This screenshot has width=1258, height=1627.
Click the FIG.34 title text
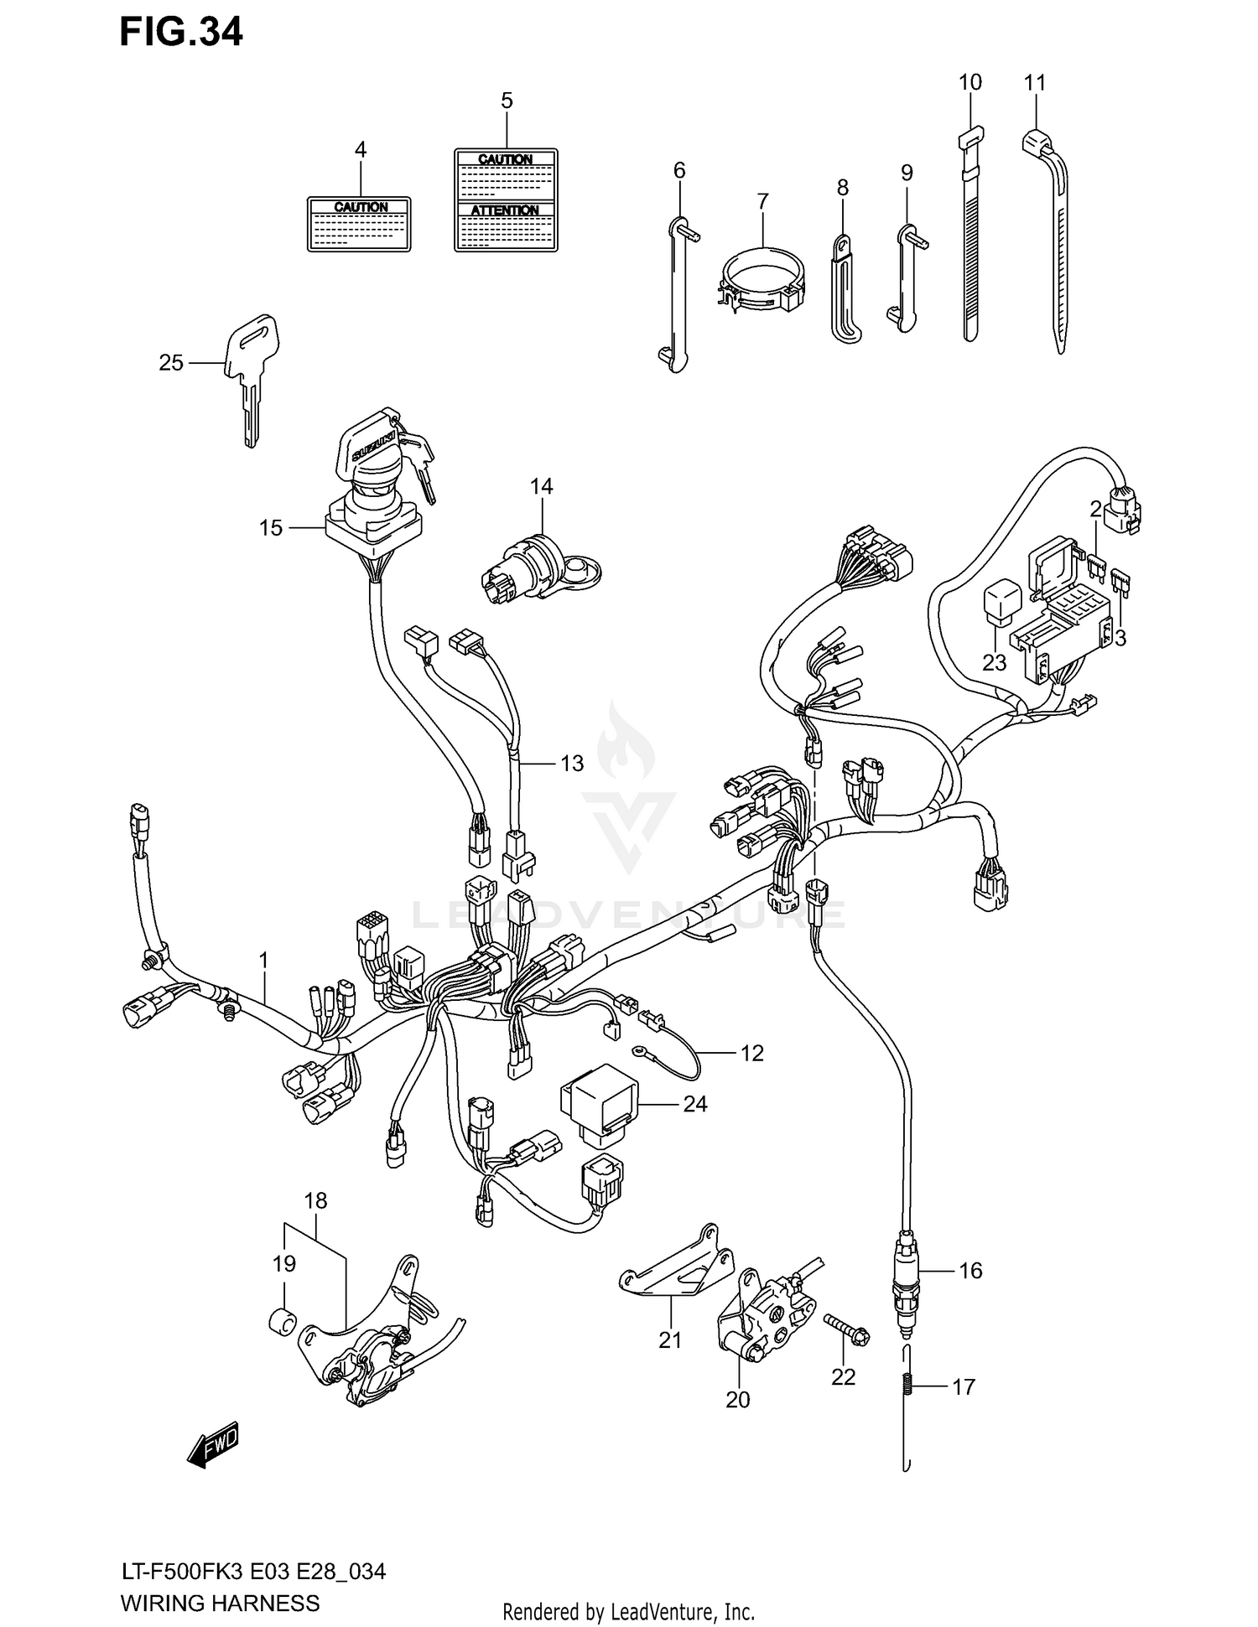[180, 32]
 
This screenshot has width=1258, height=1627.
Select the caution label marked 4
[359, 225]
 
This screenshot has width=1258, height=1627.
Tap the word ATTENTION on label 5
[505, 210]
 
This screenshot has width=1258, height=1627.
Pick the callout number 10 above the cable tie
[969, 82]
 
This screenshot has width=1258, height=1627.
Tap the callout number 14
[541, 486]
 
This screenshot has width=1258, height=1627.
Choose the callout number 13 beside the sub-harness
[571, 764]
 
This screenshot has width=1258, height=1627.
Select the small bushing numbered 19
[283, 1323]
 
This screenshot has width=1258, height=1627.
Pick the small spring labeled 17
[907, 1386]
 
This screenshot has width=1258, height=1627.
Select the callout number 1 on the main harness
[263, 960]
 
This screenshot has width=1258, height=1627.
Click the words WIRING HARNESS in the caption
[220, 1604]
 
